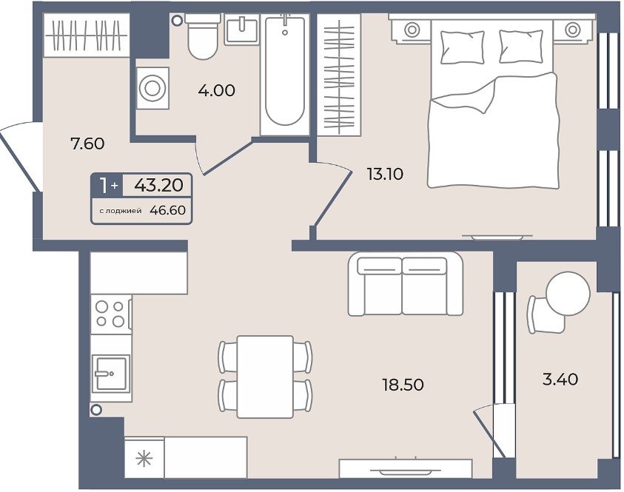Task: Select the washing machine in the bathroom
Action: (x=152, y=88)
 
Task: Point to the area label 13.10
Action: (x=385, y=174)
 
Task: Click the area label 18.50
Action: (x=403, y=385)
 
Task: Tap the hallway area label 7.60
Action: (x=87, y=144)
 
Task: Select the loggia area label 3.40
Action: (x=560, y=379)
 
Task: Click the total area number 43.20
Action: (x=159, y=185)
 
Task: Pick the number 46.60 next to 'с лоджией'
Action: (x=167, y=210)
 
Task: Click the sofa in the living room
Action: (x=405, y=284)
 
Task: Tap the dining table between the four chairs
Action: (x=265, y=377)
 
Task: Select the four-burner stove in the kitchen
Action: (x=110, y=314)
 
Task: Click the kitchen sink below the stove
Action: (x=111, y=373)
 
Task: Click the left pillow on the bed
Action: (x=463, y=47)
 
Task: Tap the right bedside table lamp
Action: (x=572, y=30)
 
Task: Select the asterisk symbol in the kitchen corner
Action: (x=144, y=459)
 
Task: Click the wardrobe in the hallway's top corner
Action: (x=87, y=35)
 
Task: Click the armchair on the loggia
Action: (x=546, y=315)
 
